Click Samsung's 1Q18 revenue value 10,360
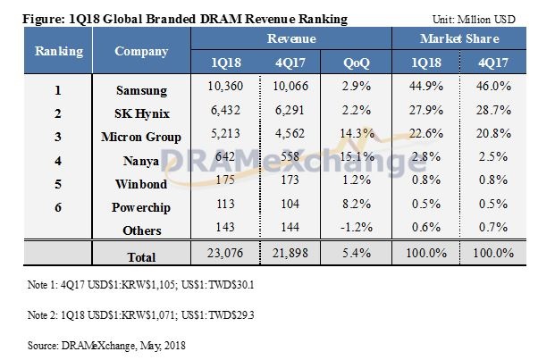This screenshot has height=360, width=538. (x=223, y=91)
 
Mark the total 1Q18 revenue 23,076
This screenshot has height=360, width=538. (x=223, y=256)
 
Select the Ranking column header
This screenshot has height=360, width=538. (x=59, y=51)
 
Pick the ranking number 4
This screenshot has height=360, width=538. (x=59, y=160)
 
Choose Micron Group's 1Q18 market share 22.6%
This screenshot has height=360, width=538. (x=428, y=137)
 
